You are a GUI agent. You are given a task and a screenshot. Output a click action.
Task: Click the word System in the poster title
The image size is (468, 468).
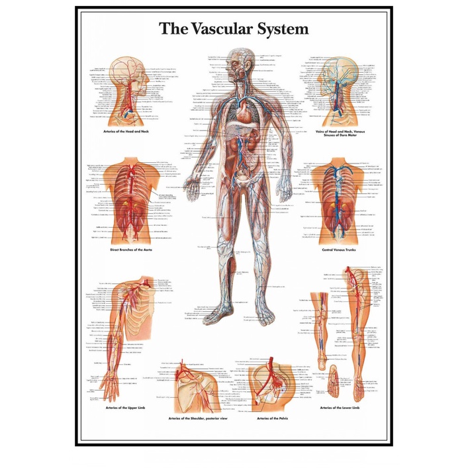(x=283, y=30)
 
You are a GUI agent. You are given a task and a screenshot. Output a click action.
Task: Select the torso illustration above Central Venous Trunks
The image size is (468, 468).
(x=337, y=199)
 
